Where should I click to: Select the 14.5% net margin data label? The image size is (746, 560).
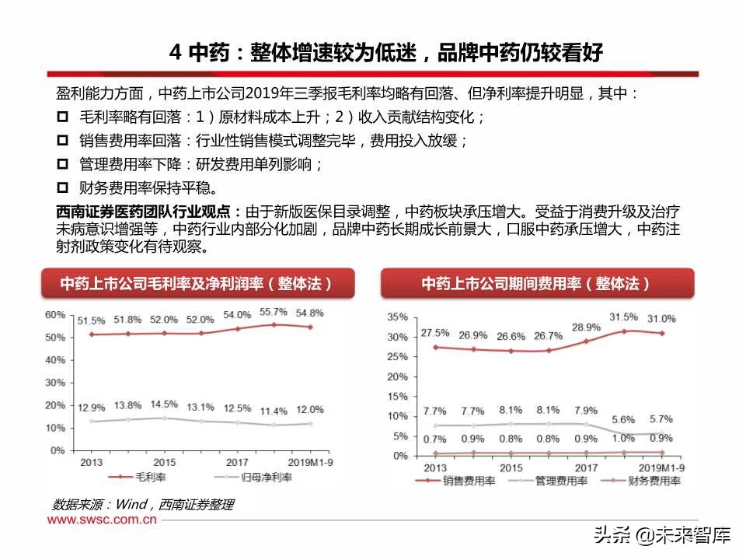click(x=163, y=404)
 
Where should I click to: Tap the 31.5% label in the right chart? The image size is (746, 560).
click(x=623, y=317)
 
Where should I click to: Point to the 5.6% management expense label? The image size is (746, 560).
click(x=623, y=418)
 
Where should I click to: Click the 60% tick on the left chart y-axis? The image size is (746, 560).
click(x=54, y=315)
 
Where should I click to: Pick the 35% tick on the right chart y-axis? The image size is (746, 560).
click(x=396, y=317)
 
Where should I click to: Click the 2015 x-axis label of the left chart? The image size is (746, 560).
click(x=163, y=462)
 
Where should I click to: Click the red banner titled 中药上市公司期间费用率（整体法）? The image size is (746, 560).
click(x=536, y=284)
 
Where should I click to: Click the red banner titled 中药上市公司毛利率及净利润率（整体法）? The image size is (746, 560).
click(x=197, y=284)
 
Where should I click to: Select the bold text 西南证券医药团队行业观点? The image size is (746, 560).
click(x=148, y=212)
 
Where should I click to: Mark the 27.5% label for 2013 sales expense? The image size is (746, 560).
click(x=435, y=333)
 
